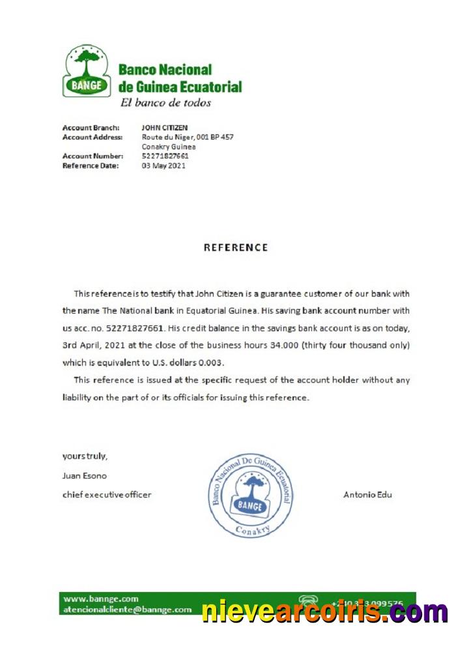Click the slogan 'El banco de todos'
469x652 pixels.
pyautogui.click(x=165, y=102)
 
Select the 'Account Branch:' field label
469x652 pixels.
pyautogui.click(x=91, y=128)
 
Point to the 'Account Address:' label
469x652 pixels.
pyautogui.click(x=92, y=137)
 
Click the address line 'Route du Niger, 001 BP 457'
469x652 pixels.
pyautogui.click(x=188, y=137)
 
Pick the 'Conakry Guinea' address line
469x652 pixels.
pyautogui.click(x=169, y=147)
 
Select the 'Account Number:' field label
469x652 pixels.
pyautogui.click(x=92, y=156)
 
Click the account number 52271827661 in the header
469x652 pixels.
pyautogui.click(x=165, y=156)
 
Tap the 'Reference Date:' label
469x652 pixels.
pyautogui.click(x=91, y=166)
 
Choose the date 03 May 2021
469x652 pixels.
pyautogui.click(x=163, y=166)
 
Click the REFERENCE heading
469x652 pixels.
pyautogui.click(x=235, y=248)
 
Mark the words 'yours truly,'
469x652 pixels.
pyautogui.click(x=85, y=456)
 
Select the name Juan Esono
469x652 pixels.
pyautogui.click(x=84, y=475)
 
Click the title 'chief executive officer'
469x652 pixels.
pyautogui.click(x=107, y=494)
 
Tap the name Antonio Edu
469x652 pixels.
pyautogui.click(x=367, y=494)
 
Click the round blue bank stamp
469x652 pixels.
pyautogui.click(x=250, y=496)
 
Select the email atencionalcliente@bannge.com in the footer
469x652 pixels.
pyautogui.click(x=128, y=610)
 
